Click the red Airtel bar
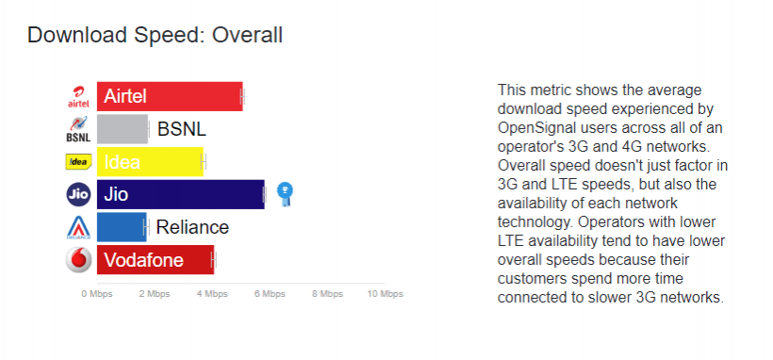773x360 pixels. (x=170, y=97)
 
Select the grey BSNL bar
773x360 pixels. (x=123, y=129)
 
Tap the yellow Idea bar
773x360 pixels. (x=150, y=162)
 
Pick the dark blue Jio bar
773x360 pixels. (x=180, y=194)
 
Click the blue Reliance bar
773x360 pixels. (x=122, y=227)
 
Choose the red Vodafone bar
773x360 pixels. (x=156, y=260)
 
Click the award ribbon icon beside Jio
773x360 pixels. (x=285, y=193)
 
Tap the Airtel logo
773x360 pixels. (x=79, y=97)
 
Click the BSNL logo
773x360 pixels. (x=78, y=129)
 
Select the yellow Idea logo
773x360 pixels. (x=78, y=162)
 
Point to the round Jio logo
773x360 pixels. (x=78, y=194)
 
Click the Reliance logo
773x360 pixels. (x=78, y=227)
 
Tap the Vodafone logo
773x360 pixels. (x=78, y=260)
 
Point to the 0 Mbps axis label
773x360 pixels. (x=96, y=294)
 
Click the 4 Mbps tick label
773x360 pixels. (x=212, y=294)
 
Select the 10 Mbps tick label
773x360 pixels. (x=385, y=294)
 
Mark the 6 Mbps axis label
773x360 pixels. (x=270, y=294)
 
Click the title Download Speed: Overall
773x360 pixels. (x=155, y=36)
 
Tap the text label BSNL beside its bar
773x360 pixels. (x=181, y=129)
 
